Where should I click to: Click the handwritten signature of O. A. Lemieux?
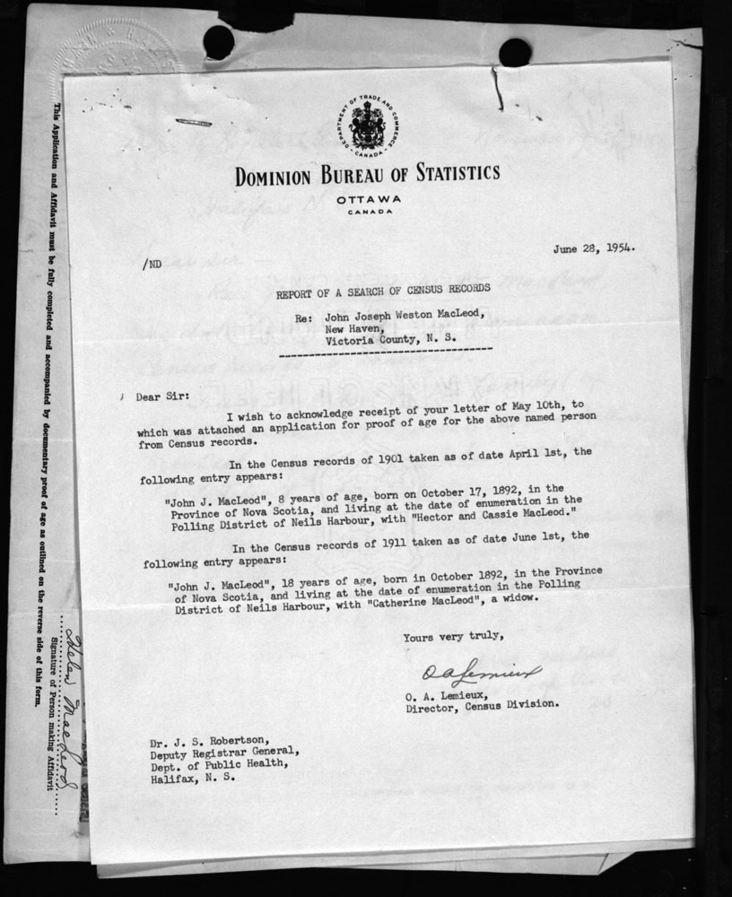pyautogui.click(x=483, y=672)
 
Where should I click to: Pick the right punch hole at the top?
pyautogui.click(x=515, y=51)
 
